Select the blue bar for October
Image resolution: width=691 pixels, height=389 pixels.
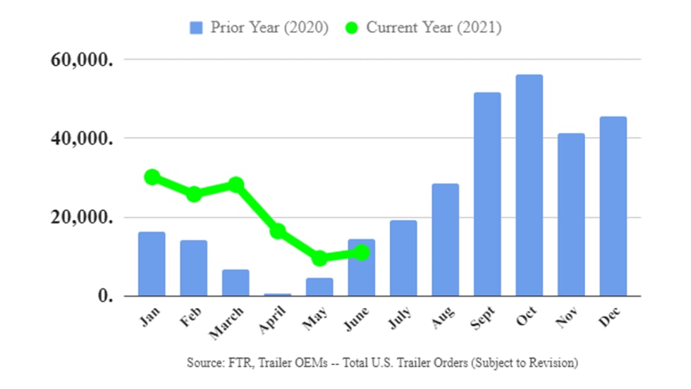point(529,185)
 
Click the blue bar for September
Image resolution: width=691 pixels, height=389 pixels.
point(487,194)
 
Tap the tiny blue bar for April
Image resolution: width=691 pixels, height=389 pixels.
point(277,295)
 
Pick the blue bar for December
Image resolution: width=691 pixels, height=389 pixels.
point(613,206)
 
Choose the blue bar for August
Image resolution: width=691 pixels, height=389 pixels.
point(445,240)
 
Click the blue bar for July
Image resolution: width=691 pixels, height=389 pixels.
point(403,258)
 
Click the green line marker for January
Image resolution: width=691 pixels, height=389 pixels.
point(152,177)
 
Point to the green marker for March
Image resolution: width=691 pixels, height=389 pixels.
point(236,185)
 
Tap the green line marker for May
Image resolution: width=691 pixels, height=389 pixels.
point(319,259)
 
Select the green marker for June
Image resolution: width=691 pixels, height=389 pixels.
point(362,252)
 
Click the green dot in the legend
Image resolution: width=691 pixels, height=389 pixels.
point(352,27)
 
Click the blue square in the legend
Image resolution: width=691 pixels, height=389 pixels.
point(197,27)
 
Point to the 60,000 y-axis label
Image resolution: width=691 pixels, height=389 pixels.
point(82,59)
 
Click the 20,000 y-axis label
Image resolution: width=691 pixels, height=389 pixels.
point(82,217)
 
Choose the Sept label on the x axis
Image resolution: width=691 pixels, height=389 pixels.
point(483,318)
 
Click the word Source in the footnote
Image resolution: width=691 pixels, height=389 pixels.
point(204,363)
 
